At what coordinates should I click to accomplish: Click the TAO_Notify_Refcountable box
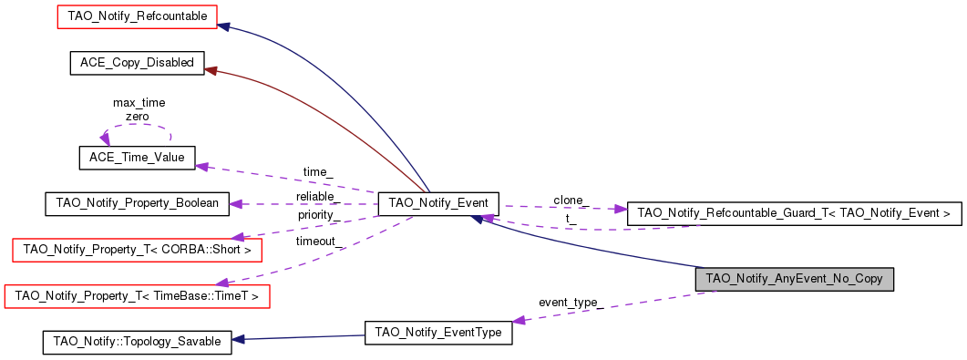coord(138,16)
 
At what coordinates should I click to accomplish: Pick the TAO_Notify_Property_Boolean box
coord(137,203)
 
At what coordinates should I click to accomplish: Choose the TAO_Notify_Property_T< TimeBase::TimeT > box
coord(138,295)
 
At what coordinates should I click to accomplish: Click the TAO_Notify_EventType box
coord(437,333)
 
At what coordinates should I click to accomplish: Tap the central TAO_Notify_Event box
coord(438,203)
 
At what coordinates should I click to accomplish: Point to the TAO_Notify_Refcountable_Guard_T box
coord(794,212)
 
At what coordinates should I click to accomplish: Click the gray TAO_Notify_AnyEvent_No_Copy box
coord(794,278)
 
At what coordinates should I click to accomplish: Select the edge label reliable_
coord(318,197)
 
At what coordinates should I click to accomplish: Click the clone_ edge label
coord(571,200)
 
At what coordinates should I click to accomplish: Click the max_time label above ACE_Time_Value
coord(139,103)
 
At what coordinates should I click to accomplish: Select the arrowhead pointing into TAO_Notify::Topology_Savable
coord(237,340)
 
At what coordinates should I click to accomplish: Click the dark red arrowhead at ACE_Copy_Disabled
coord(210,69)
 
